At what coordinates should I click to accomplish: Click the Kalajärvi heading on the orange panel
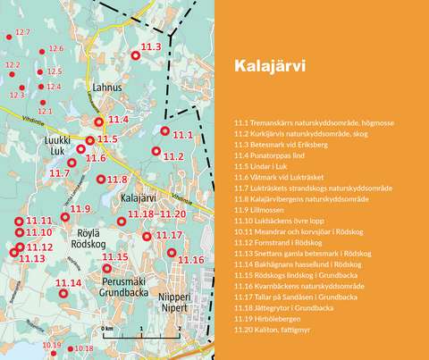pos(269,66)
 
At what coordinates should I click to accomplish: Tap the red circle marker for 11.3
pos(136,55)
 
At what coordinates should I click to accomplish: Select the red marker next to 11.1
pos(165,130)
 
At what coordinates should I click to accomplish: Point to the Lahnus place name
pos(106,88)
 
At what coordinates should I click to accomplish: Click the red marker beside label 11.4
pos(99,120)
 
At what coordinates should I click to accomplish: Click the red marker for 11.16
pos(172,252)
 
